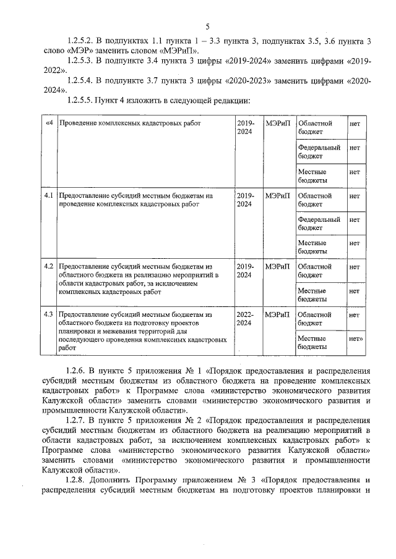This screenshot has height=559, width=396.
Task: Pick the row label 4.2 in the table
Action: click(48, 266)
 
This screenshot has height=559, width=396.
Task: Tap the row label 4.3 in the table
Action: click(48, 314)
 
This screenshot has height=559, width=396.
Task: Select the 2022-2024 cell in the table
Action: click(244, 319)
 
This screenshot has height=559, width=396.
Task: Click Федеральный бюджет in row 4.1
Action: click(319, 224)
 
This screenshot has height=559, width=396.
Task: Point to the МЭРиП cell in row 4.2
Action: click(277, 266)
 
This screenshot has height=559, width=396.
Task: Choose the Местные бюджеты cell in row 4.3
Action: click(312, 343)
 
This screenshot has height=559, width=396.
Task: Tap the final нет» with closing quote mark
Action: click(356, 339)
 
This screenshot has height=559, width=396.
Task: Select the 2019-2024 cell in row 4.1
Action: click(244, 200)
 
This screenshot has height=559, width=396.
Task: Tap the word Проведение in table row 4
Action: click(79, 124)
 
